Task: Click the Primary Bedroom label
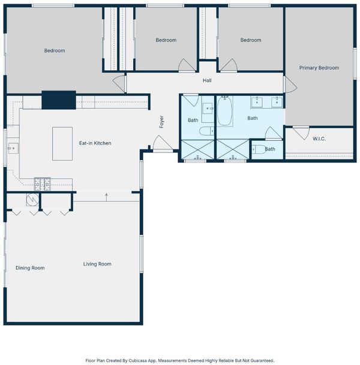pyautogui.click(x=319, y=68)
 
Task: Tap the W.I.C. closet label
pyautogui.click(x=319, y=138)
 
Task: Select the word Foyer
pyautogui.click(x=161, y=122)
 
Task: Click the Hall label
pyautogui.click(x=207, y=80)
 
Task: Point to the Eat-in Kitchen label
pyautogui.click(x=95, y=143)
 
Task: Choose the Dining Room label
pyautogui.click(x=30, y=268)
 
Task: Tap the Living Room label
pyautogui.click(x=97, y=264)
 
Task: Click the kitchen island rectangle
pyautogui.click(x=62, y=144)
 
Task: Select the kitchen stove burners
pyautogui.click(x=42, y=184)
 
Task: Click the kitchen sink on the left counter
pyautogui.click(x=13, y=148)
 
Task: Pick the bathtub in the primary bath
pyautogui.click(x=224, y=111)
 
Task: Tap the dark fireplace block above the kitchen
pyautogui.click(x=59, y=100)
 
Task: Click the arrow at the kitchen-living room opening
pyautogui.click(x=106, y=197)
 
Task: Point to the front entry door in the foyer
pyautogui.click(x=163, y=143)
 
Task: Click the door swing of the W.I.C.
pyautogui.click(x=301, y=133)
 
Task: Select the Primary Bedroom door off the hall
pyautogui.click(x=290, y=85)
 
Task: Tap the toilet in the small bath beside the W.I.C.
pyautogui.click(x=259, y=149)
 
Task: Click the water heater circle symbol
pyautogui.click(x=32, y=200)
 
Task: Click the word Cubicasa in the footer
pyautogui.click(x=138, y=361)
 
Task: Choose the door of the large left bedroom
pyautogui.click(x=119, y=83)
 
